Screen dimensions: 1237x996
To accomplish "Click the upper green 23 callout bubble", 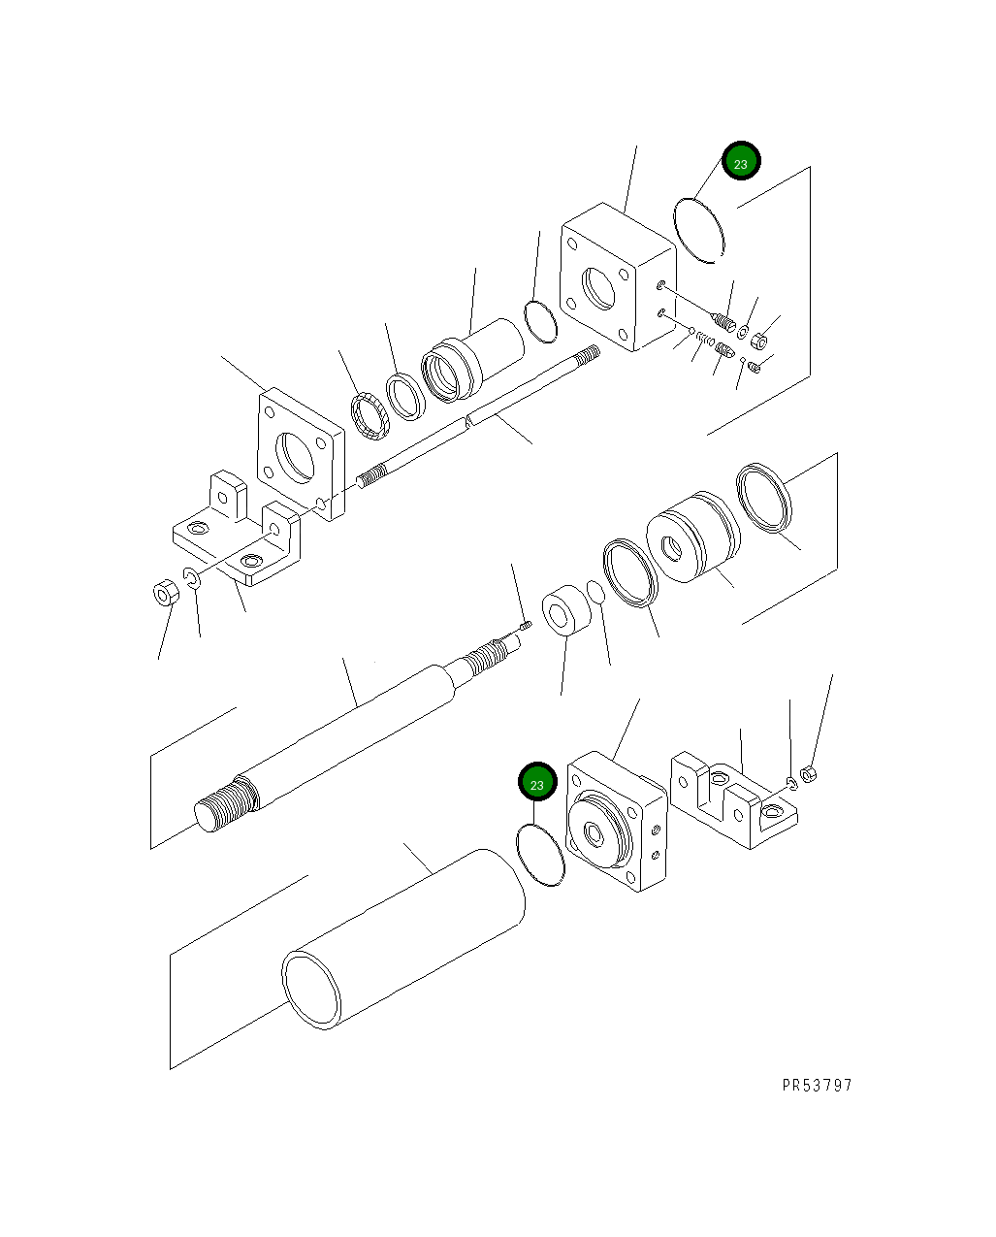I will click(741, 163).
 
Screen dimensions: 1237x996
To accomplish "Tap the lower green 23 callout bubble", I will click(537, 782).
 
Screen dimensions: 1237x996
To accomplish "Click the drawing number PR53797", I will click(817, 1085).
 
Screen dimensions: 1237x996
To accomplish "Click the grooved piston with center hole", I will click(691, 539).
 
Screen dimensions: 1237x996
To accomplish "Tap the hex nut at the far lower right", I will click(813, 775).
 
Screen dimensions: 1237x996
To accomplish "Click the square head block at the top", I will click(617, 278).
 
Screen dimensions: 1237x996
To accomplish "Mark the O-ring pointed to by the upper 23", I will click(700, 229).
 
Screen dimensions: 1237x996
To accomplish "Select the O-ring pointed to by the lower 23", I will click(540, 854).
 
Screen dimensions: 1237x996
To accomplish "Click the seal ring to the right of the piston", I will click(764, 498).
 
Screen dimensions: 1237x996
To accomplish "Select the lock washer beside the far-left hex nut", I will click(192, 580).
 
